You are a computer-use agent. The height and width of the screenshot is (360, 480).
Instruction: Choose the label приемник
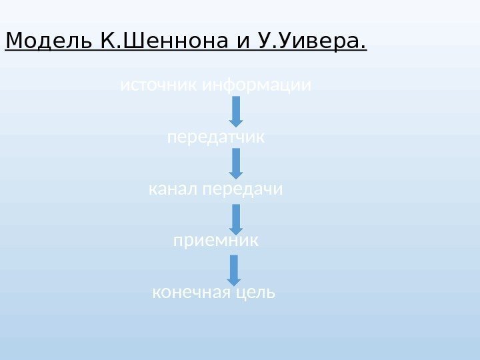click(215, 241)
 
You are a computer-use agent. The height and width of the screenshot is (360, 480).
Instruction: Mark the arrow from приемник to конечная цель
click(234, 269)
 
